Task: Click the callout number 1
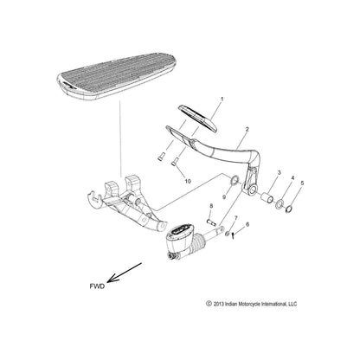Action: (x=221, y=100)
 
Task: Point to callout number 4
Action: (x=292, y=178)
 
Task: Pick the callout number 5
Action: (x=302, y=184)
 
